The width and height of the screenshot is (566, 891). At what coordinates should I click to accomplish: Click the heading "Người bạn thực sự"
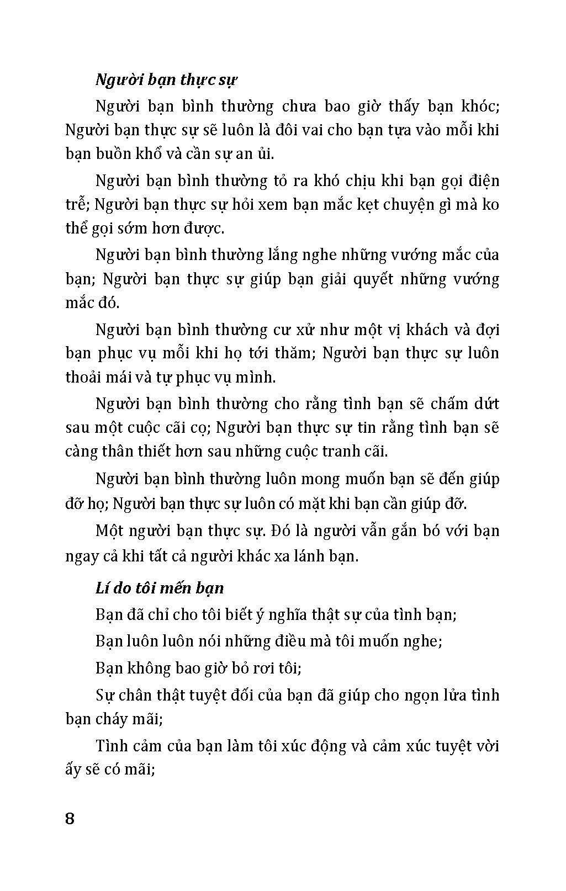[166, 80]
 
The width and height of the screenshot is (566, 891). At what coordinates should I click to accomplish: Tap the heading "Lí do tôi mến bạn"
[160, 588]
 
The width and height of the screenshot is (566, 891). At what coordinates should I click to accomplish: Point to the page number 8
[70, 818]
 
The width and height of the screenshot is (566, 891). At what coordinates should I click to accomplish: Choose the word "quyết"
[375, 279]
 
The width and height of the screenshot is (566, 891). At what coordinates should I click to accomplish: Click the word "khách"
[427, 330]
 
